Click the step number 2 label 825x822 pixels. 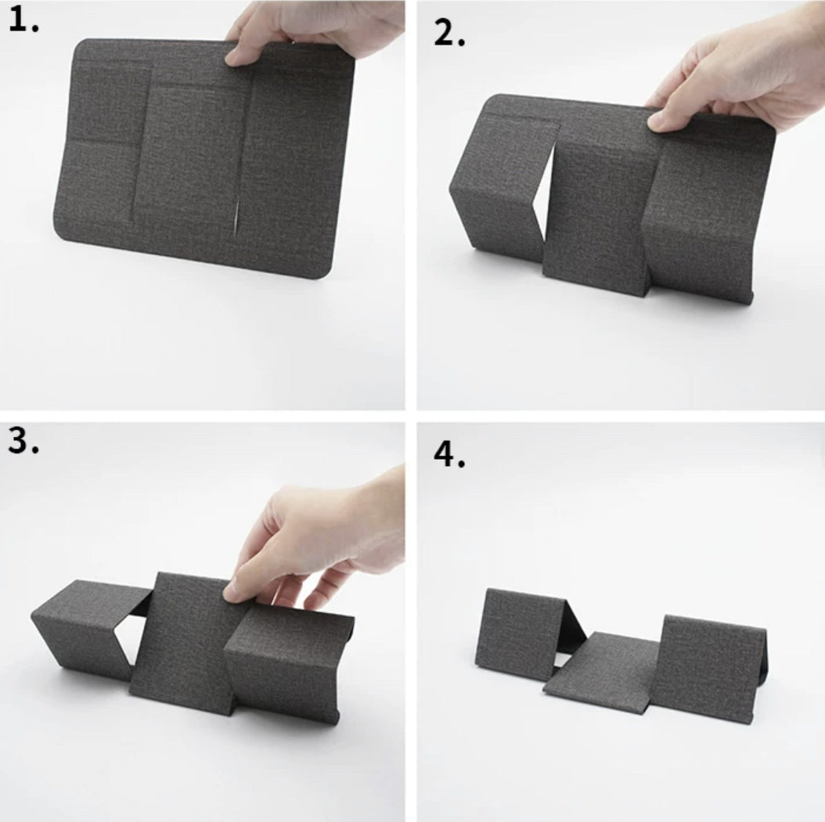click(x=449, y=32)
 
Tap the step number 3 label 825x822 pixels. click(x=24, y=444)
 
